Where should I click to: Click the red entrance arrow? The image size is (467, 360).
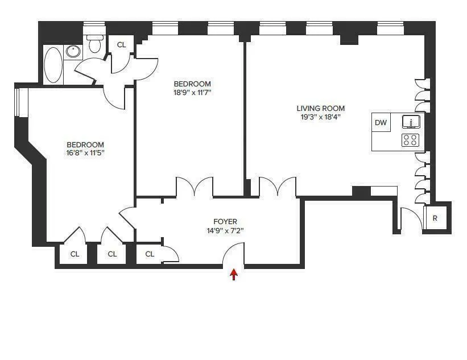point(233,275)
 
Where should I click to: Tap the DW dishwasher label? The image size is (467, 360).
point(381,122)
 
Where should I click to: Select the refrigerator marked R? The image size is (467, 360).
point(435,218)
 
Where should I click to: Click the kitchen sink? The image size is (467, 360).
point(411,121)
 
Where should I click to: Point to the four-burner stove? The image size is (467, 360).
point(410,140)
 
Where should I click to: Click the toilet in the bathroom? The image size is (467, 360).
point(94,44)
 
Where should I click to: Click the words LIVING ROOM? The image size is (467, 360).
point(320,109)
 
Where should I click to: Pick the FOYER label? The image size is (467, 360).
point(225,222)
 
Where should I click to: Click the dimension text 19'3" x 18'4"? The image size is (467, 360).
point(320,118)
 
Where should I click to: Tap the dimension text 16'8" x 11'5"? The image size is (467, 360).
point(85,153)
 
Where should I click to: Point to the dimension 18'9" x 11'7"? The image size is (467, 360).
point(193,92)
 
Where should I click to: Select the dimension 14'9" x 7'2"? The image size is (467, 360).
point(225,231)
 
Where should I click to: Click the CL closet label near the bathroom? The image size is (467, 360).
point(122,45)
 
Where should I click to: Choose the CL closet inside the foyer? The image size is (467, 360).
point(150,254)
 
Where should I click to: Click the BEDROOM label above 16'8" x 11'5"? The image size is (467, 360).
point(85,144)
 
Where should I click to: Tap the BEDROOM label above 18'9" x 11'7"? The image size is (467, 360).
point(193,84)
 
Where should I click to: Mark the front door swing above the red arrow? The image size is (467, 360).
point(233,254)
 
